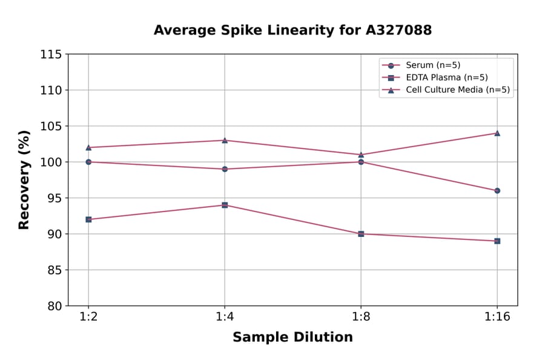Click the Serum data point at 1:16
pyautogui.click(x=497, y=190)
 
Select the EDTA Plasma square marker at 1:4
pyautogui.click(x=225, y=205)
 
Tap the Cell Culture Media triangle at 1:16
pyautogui.click(x=497, y=133)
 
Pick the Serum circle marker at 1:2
pyautogui.click(x=88, y=162)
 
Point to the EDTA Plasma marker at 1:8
pyautogui.click(x=361, y=234)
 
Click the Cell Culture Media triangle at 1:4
pyautogui.click(x=225, y=140)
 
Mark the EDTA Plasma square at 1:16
pyautogui.click(x=497, y=241)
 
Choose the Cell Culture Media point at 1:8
pyautogui.click(x=361, y=155)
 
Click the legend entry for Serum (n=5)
pyautogui.click(x=429, y=65)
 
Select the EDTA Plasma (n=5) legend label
pyautogui.click(x=446, y=78)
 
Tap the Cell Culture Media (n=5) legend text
pyautogui.click(x=457, y=90)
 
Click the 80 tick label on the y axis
pyautogui.click(x=54, y=306)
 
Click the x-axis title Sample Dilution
pyautogui.click(x=292, y=338)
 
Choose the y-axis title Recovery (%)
pyautogui.click(x=24, y=180)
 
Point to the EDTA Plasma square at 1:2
pyautogui.click(x=88, y=219)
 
